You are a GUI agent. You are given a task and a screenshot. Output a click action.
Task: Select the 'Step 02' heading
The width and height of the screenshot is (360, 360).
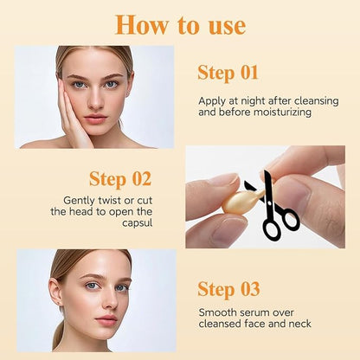[x=119, y=179]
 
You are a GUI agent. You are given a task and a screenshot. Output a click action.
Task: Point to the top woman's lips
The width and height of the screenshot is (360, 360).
[x=95, y=118]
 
